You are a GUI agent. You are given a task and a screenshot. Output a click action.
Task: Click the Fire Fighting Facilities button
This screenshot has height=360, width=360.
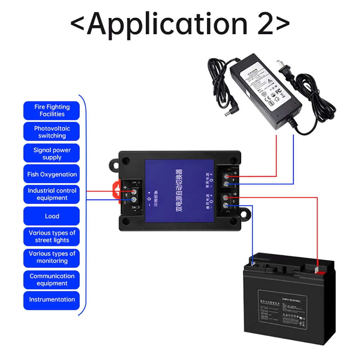(51, 111)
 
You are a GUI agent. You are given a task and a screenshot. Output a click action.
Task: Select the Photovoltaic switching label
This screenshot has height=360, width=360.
(51, 132)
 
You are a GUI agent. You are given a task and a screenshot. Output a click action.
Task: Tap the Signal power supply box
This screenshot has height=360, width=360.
(51, 153)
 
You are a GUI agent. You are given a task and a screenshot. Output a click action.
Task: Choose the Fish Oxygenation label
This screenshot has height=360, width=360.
(51, 174)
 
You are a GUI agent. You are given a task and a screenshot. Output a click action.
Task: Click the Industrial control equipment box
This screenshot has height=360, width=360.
(51, 194)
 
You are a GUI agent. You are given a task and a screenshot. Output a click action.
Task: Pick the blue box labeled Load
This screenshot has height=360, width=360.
(51, 216)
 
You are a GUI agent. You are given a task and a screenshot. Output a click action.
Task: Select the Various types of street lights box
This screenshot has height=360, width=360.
(51, 237)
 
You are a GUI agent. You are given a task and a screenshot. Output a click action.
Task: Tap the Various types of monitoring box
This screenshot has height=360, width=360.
(51, 257)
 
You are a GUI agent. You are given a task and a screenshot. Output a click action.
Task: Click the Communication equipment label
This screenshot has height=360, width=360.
(51, 280)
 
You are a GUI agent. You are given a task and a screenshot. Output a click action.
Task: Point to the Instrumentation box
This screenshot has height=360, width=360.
(51, 300)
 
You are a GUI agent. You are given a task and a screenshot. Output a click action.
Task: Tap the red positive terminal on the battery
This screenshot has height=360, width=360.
(317, 269)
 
